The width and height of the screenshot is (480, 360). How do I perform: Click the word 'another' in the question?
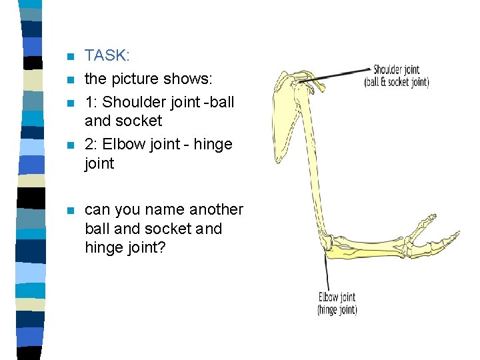click(x=217, y=209)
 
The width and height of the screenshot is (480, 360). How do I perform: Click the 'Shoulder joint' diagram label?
click(x=396, y=69)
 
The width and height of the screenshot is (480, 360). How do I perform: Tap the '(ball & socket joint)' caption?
click(x=396, y=83)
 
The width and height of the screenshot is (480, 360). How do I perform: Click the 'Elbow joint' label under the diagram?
click(x=337, y=297)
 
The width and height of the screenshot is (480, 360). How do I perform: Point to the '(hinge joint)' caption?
click(x=337, y=310)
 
